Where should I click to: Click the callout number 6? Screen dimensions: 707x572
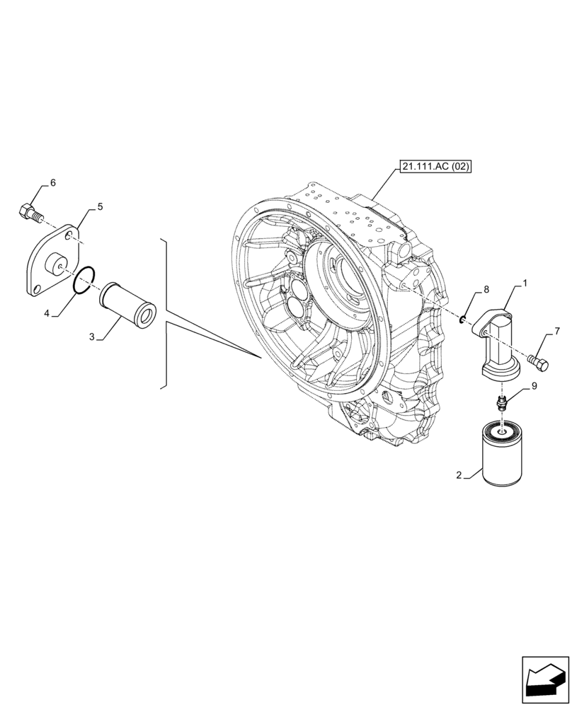pyautogui.click(x=52, y=183)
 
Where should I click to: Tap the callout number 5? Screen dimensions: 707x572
pyautogui.click(x=100, y=206)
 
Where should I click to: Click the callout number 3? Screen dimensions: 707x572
pyautogui.click(x=92, y=337)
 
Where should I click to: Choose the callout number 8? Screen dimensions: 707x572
pyautogui.click(x=486, y=289)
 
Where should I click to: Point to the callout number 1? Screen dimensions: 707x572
pyautogui.click(x=525, y=284)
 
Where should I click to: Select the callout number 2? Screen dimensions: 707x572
pyautogui.click(x=459, y=476)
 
